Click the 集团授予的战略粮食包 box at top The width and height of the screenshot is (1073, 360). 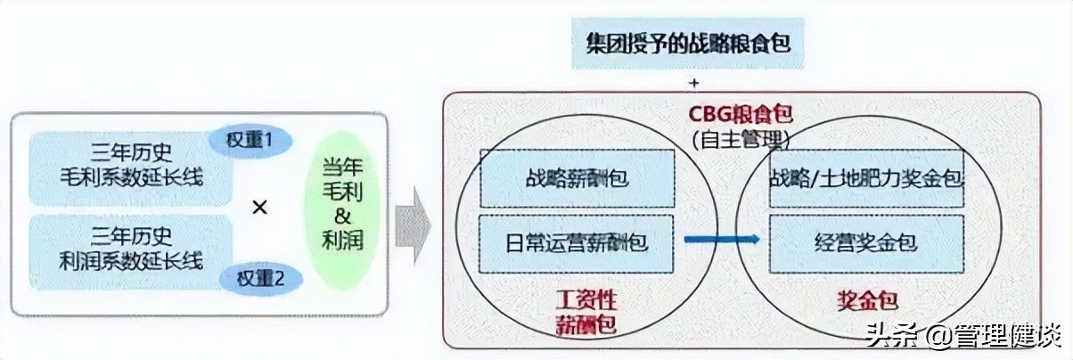[x=689, y=43]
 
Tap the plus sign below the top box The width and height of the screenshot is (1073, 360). [x=692, y=83]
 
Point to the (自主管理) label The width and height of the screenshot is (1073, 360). [x=741, y=139]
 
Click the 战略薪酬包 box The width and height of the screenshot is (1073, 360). [x=577, y=178]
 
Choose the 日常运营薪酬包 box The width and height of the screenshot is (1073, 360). [x=577, y=242]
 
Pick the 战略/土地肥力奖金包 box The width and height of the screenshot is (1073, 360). [x=866, y=178]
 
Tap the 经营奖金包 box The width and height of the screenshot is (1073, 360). [x=866, y=242]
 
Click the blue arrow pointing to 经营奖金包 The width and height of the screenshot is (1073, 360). [x=722, y=239]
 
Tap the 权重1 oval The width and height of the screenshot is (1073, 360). [x=249, y=140]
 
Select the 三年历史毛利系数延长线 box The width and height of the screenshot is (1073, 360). [x=132, y=166]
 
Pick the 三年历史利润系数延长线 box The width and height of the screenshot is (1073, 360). [x=132, y=250]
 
